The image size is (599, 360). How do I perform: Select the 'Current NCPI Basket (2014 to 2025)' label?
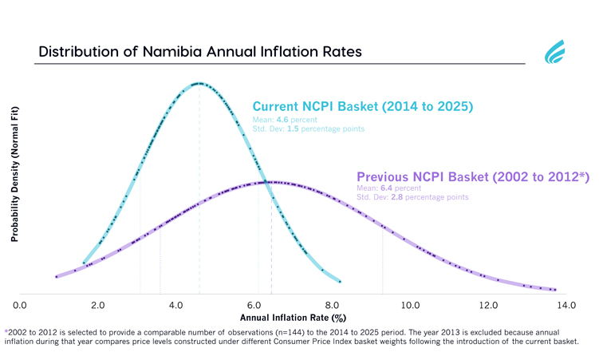coord(363,106)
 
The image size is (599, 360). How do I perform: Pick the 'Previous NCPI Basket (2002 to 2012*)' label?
coord(473,176)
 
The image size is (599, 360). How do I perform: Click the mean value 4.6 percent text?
coord(287,120)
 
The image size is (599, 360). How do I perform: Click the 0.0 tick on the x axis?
coord(20,305)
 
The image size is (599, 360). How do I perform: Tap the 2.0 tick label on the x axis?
coord(98,305)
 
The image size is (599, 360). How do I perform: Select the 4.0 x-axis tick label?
coord(176,305)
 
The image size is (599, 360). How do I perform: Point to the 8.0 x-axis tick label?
coord(333,305)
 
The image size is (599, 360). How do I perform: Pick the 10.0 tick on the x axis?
coord(411,305)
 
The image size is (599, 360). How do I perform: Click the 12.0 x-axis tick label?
coord(489,305)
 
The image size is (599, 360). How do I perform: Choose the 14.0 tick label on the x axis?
coord(566,305)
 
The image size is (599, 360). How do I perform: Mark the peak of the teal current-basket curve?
coord(199,83)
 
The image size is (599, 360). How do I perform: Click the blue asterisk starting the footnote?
coord(6,330)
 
